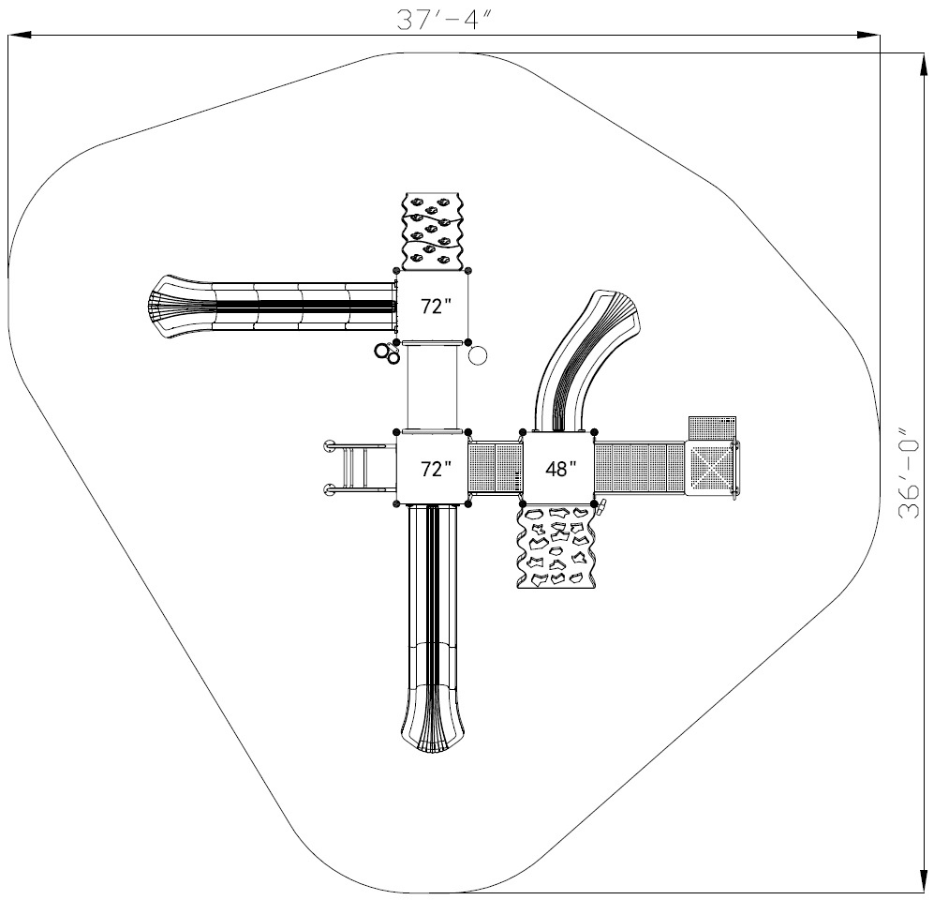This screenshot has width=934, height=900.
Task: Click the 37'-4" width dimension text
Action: [x=445, y=19]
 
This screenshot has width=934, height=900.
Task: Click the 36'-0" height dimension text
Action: [x=909, y=472]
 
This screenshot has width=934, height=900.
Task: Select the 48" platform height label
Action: [x=560, y=469]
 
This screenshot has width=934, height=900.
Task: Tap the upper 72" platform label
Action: [x=436, y=307]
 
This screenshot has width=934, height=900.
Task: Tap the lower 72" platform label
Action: [x=436, y=469]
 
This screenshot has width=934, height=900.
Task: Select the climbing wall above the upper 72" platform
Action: [x=433, y=232]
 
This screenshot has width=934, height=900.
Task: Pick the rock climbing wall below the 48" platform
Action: [x=556, y=547]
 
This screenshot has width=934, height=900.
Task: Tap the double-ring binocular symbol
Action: [x=387, y=352]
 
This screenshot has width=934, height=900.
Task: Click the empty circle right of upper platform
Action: [x=478, y=356]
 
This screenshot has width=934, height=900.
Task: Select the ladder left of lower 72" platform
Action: [x=359, y=468]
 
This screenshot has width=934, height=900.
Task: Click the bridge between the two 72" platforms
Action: [x=433, y=387]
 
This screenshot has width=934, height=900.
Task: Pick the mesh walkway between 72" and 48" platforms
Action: [x=496, y=468]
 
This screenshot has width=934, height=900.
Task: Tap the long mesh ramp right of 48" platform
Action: [x=641, y=468]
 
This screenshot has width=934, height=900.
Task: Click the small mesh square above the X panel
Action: [x=712, y=427]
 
